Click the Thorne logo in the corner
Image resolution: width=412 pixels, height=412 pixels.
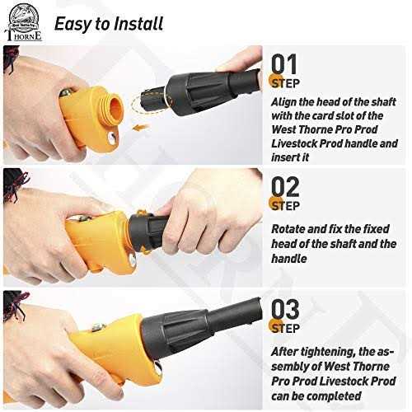click(23, 22)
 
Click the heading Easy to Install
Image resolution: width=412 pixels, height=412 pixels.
click(109, 24)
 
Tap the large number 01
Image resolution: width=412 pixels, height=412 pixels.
click(284, 64)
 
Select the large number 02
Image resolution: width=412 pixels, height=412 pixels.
click(285, 187)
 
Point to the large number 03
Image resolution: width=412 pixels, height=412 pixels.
click(285, 309)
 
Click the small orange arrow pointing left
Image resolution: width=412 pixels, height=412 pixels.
click(141, 127)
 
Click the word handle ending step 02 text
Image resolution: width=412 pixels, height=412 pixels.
click(289, 259)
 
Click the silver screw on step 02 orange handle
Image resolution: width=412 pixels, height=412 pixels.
click(133, 260)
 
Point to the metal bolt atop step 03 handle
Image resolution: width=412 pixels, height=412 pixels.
click(98, 327)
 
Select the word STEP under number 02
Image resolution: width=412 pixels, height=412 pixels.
click(285, 206)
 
